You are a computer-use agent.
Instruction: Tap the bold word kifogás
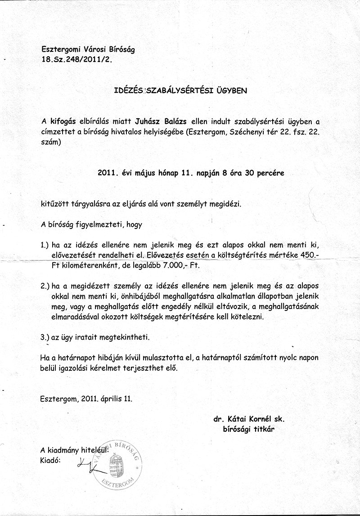coord(63,121)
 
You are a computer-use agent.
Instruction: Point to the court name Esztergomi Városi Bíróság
coord(88,49)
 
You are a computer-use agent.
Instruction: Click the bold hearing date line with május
coord(191,172)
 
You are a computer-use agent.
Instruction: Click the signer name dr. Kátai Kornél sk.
coord(249,419)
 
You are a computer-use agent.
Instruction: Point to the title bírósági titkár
coord(248,429)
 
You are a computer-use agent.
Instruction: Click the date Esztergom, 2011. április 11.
coord(86,399)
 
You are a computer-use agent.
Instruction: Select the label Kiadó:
coord(50,460)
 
